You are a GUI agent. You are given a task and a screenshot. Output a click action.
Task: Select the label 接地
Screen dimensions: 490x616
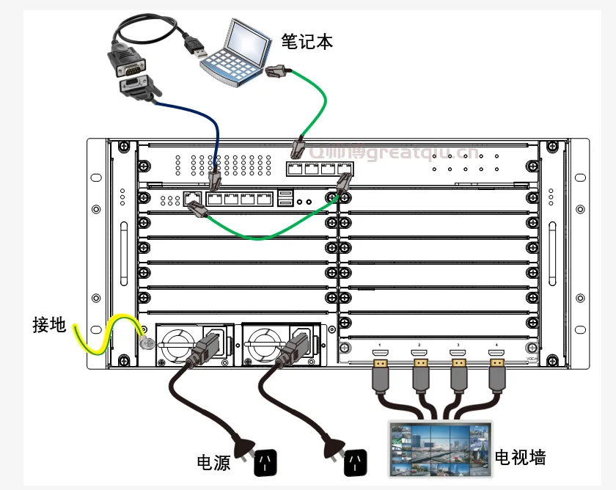pyautogui.click(x=49, y=324)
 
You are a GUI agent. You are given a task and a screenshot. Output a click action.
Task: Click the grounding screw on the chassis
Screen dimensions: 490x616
pyautogui.click(x=145, y=343)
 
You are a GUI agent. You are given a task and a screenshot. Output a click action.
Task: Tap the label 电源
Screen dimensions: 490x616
pyautogui.click(x=213, y=462)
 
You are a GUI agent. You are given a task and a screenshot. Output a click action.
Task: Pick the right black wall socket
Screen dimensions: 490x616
pyautogui.click(x=357, y=461)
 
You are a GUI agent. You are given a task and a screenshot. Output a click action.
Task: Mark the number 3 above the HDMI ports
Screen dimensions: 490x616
pyautogui.click(x=458, y=344)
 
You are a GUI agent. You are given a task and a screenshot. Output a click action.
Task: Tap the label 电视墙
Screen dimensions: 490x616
pyautogui.click(x=520, y=458)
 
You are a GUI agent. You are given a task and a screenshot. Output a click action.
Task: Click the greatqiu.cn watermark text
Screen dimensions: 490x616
pyautogui.click(x=422, y=153)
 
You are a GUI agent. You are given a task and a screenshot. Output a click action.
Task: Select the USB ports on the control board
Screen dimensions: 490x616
pyautogui.click(x=286, y=197)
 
